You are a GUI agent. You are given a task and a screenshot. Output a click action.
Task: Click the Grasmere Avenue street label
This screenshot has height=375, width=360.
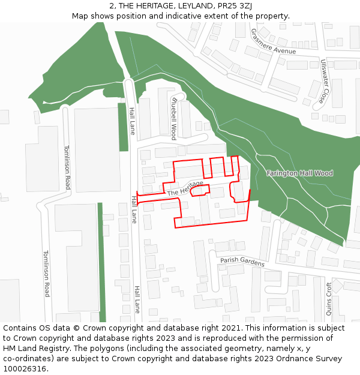273,41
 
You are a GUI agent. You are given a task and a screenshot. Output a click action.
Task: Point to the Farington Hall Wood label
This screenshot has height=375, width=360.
299,173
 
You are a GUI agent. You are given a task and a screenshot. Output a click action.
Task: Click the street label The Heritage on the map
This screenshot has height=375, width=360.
185,188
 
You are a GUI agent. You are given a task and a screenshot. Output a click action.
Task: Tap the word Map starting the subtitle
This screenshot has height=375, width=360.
80,16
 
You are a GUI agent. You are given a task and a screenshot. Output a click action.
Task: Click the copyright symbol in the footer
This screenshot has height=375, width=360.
76,328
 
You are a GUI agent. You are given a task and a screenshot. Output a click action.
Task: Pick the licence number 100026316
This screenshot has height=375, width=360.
25,369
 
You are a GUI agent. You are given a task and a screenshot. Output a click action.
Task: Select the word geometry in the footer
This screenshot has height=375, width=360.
251,349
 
